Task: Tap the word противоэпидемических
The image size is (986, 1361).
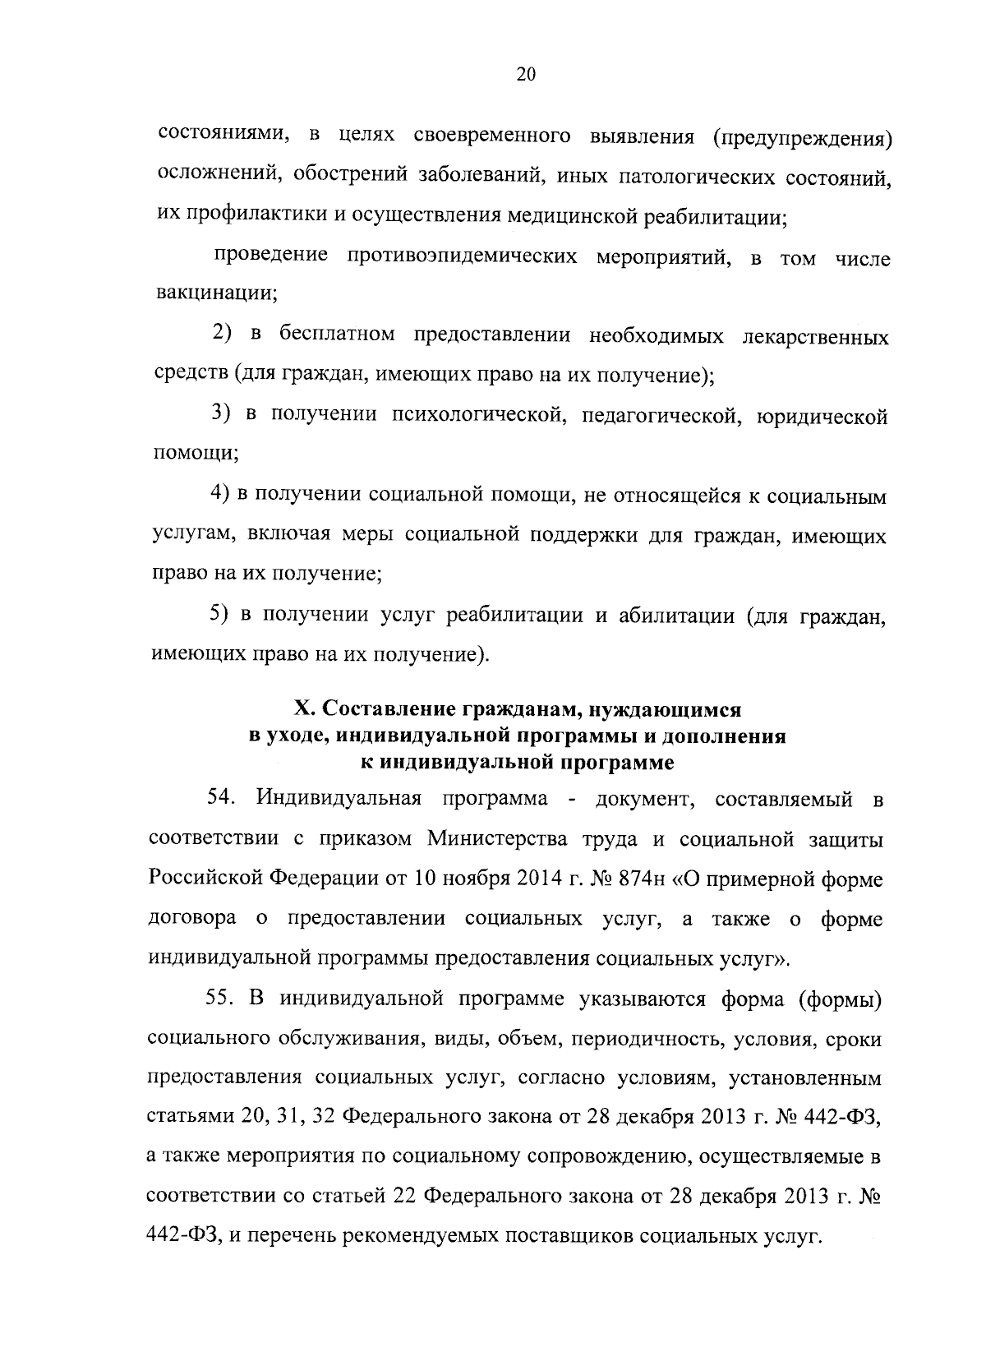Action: point(459,256)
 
